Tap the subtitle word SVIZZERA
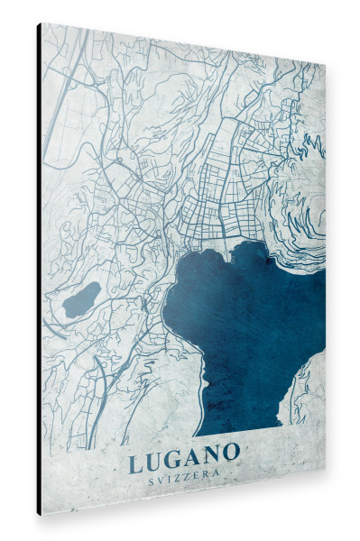(x=184, y=482)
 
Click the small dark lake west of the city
(x=81, y=299)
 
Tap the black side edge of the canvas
(x=39, y=270)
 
